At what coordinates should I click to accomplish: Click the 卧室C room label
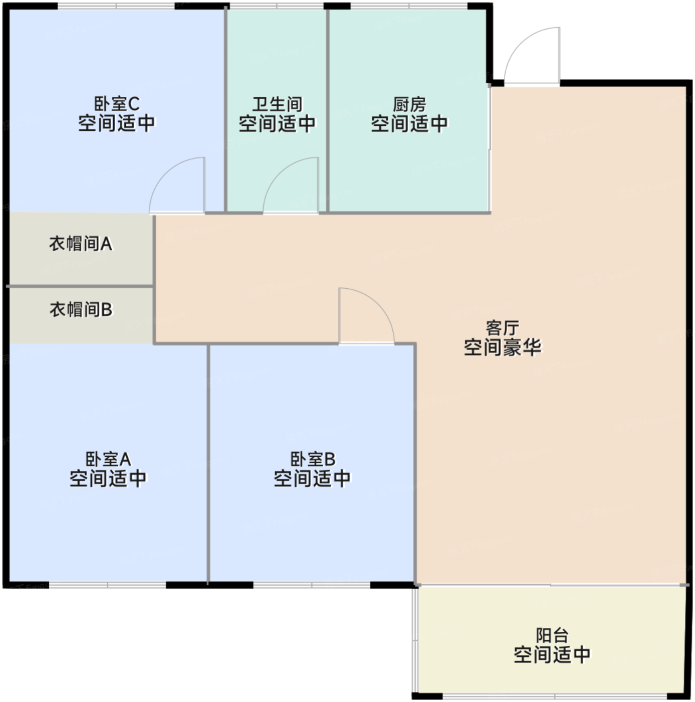tap(117, 104)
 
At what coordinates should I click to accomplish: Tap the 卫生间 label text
tap(277, 104)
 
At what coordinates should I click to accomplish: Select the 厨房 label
tap(409, 104)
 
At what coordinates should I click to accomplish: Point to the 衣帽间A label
tap(81, 244)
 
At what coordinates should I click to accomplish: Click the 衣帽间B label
tap(81, 309)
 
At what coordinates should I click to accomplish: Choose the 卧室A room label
tap(108, 459)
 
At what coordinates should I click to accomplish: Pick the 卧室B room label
tap(313, 459)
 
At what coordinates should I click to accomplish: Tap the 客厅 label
tap(503, 328)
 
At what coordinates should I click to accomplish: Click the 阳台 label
tap(552, 635)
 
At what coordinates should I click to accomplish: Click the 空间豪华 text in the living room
tap(503, 347)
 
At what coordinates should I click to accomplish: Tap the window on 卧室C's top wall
tap(116, 6)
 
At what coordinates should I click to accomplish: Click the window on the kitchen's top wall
tap(409, 6)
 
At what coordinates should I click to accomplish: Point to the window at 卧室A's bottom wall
tap(108, 585)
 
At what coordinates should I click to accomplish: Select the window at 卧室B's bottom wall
tap(312, 585)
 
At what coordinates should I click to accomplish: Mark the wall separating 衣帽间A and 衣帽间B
tap(81, 286)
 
